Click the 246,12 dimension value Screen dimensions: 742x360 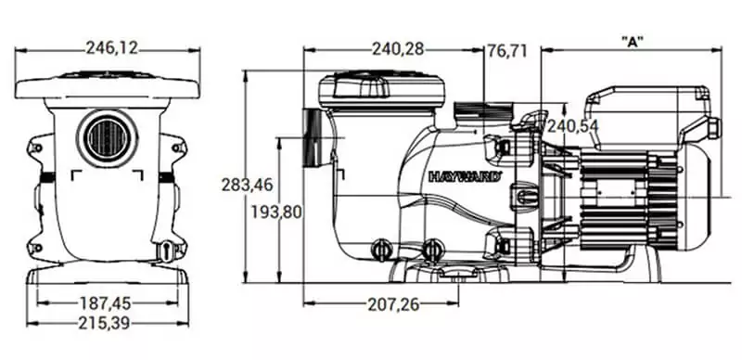pyautogui.click(x=111, y=48)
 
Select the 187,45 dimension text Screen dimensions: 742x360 pyautogui.click(x=106, y=302)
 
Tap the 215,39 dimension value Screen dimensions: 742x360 pyautogui.click(x=104, y=323)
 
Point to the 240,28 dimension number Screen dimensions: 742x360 pyautogui.click(x=398, y=49)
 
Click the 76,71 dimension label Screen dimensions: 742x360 pyautogui.click(x=507, y=50)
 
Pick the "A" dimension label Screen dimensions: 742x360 pyautogui.click(x=633, y=42)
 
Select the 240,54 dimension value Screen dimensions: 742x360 pyautogui.click(x=573, y=126)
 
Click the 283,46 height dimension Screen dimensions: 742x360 pyautogui.click(x=248, y=185)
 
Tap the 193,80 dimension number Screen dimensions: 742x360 pyautogui.click(x=275, y=212)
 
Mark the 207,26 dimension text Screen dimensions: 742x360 pyautogui.click(x=393, y=305)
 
